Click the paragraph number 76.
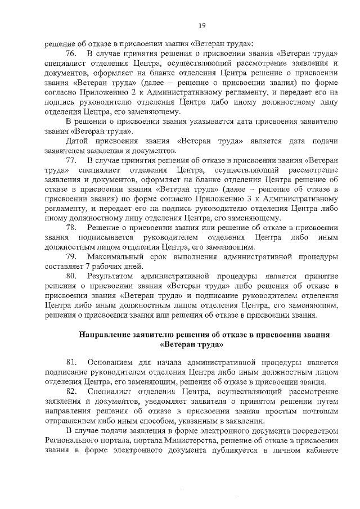coord(71,53)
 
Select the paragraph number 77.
coord(71,161)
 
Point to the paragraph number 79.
coord(71,256)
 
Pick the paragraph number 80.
coord(71,276)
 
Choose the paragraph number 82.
coord(71,391)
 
